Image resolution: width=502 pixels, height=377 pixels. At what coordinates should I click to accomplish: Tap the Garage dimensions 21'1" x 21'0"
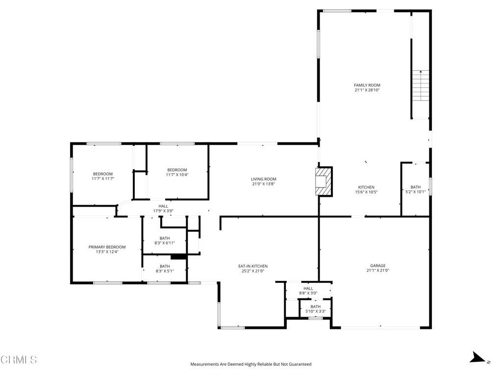click(x=378, y=270)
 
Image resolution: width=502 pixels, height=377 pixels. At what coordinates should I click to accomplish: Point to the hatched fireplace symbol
click(x=324, y=182)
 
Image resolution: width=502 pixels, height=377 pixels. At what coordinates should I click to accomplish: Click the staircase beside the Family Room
click(x=420, y=85)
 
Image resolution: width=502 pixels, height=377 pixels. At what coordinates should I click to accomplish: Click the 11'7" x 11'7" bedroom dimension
click(x=103, y=179)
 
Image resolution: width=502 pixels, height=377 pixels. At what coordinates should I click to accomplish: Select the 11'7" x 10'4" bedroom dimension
click(x=177, y=175)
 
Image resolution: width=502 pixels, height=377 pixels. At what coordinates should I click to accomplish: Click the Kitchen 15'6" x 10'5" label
click(x=366, y=190)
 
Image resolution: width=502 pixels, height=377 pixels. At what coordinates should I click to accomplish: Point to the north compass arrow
click(x=477, y=357)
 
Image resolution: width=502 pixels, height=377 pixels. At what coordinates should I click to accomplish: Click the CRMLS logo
click(x=19, y=360)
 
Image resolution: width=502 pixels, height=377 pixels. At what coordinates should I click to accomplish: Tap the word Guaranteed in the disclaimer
click(x=301, y=364)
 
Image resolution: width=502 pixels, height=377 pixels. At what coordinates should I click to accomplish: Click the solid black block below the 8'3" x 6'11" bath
click(x=178, y=257)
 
